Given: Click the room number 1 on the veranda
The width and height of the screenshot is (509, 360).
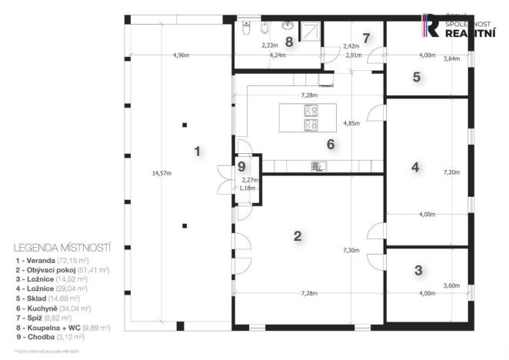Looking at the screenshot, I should click(x=198, y=151).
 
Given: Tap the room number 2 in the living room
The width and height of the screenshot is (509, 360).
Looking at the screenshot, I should click(x=298, y=235).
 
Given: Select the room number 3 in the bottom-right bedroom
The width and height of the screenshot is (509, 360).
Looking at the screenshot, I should click(x=418, y=270).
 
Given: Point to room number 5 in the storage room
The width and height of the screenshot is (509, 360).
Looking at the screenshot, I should click(x=416, y=77).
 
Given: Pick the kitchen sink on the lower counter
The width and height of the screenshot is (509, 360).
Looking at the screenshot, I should click(x=316, y=165).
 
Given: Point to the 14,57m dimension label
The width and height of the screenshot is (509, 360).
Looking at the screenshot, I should click(x=162, y=174).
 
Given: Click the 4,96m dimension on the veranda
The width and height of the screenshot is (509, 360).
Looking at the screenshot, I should click(x=181, y=55).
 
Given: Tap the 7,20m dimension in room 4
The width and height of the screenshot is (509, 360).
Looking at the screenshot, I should click(x=451, y=173).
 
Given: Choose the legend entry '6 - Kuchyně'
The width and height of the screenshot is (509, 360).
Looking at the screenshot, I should click(x=49, y=308).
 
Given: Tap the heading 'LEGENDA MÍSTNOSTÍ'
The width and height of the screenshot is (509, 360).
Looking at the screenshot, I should click(x=62, y=248).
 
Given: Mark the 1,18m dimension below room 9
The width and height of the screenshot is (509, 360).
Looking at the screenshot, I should click(x=247, y=187).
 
